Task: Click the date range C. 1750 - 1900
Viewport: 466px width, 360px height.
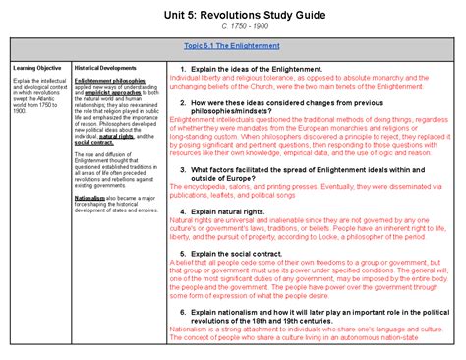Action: click(233, 27)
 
